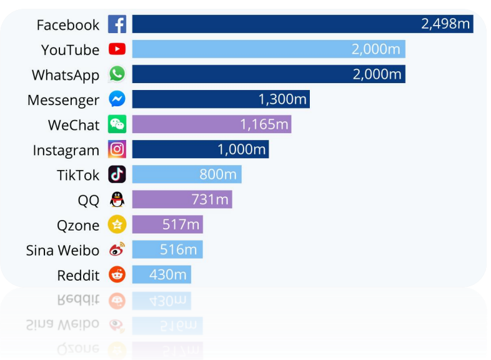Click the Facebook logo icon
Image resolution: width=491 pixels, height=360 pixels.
[x=117, y=24]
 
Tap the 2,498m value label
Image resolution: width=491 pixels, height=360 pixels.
[x=445, y=24]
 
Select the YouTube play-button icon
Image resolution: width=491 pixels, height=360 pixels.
[x=117, y=49]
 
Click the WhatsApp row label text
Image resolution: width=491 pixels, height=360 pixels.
[x=66, y=75]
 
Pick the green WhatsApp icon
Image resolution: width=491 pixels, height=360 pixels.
[x=117, y=74]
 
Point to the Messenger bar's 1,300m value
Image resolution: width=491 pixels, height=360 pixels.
[x=282, y=99]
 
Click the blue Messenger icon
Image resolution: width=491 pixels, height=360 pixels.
[x=117, y=99]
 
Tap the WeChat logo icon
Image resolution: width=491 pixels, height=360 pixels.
[x=117, y=124]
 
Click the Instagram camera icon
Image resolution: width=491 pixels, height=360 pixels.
[x=117, y=149]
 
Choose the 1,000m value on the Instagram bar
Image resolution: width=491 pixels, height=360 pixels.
[x=241, y=149]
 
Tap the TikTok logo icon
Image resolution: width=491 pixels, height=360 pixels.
[x=117, y=174]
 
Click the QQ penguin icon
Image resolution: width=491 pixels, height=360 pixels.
[x=117, y=199]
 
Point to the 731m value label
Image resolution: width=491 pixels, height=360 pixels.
[x=210, y=199]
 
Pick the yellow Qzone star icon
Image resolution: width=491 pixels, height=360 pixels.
[x=117, y=224]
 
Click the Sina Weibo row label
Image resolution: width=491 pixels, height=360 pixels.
[x=62, y=250]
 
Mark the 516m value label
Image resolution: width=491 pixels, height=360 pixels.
[x=179, y=249]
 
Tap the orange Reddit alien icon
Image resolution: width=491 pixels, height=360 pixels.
[x=117, y=274]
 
